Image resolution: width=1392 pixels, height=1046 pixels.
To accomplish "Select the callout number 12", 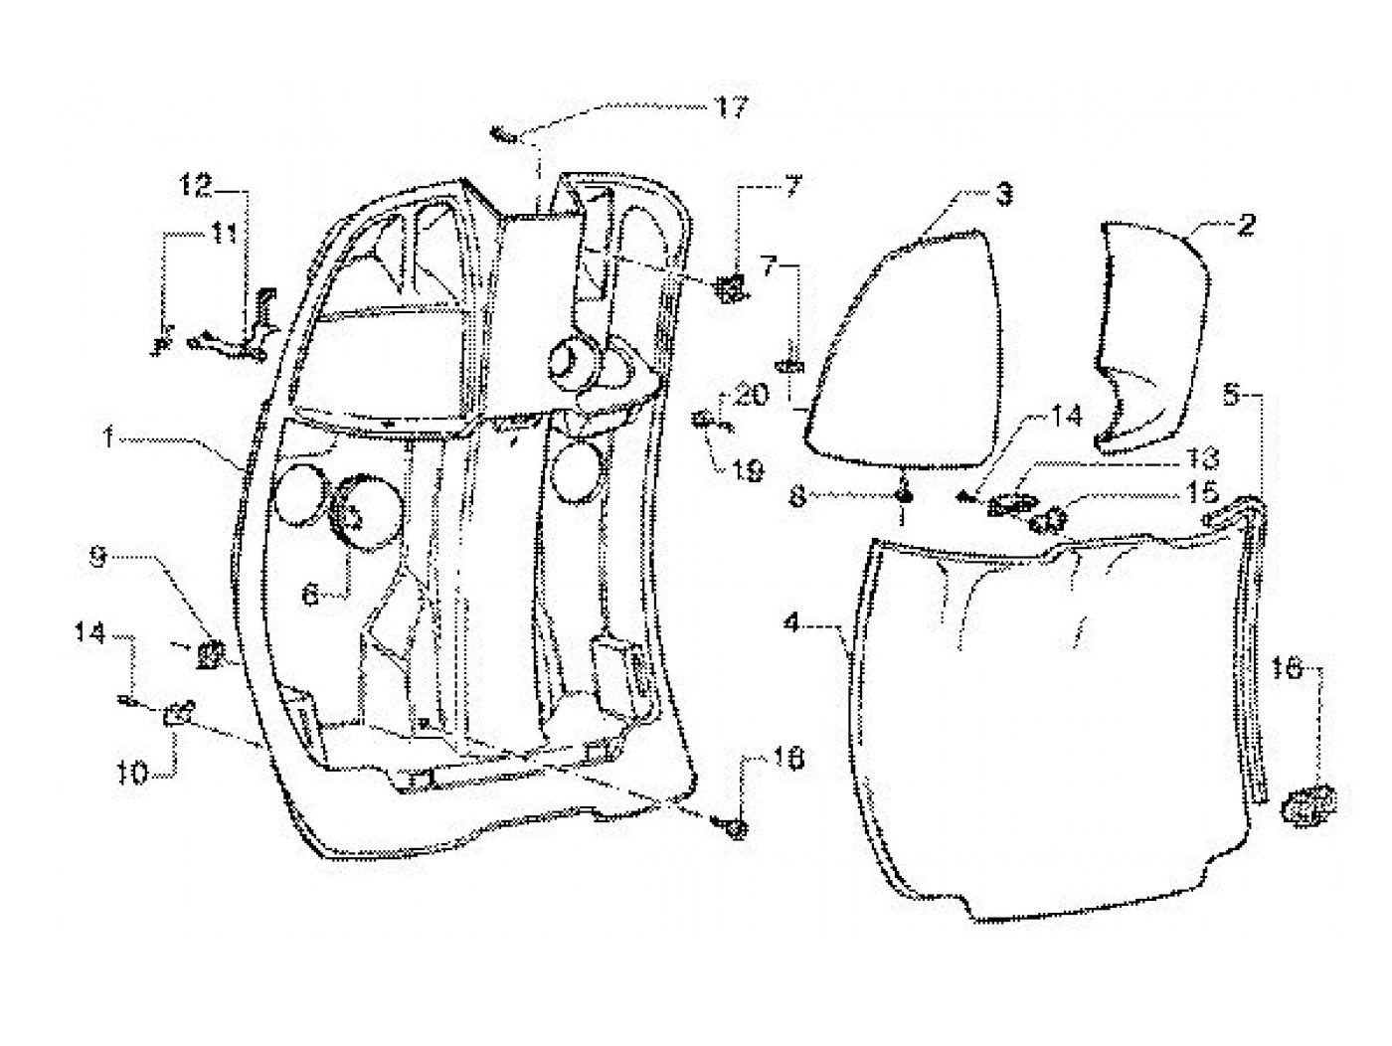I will (196, 184).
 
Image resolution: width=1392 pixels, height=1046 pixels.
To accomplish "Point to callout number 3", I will (1004, 195).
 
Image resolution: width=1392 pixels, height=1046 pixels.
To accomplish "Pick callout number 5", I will (1231, 395).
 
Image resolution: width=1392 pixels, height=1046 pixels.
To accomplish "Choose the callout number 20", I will (753, 395).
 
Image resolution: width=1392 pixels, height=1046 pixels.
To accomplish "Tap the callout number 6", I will (310, 595).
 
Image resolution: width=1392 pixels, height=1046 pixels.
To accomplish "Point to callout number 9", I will (97, 560).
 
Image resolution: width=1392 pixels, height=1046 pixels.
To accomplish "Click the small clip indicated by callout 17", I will (504, 134).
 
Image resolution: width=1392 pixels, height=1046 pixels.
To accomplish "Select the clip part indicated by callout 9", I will (210, 652).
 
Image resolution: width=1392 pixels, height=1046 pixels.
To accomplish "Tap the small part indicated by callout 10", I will (177, 712).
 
